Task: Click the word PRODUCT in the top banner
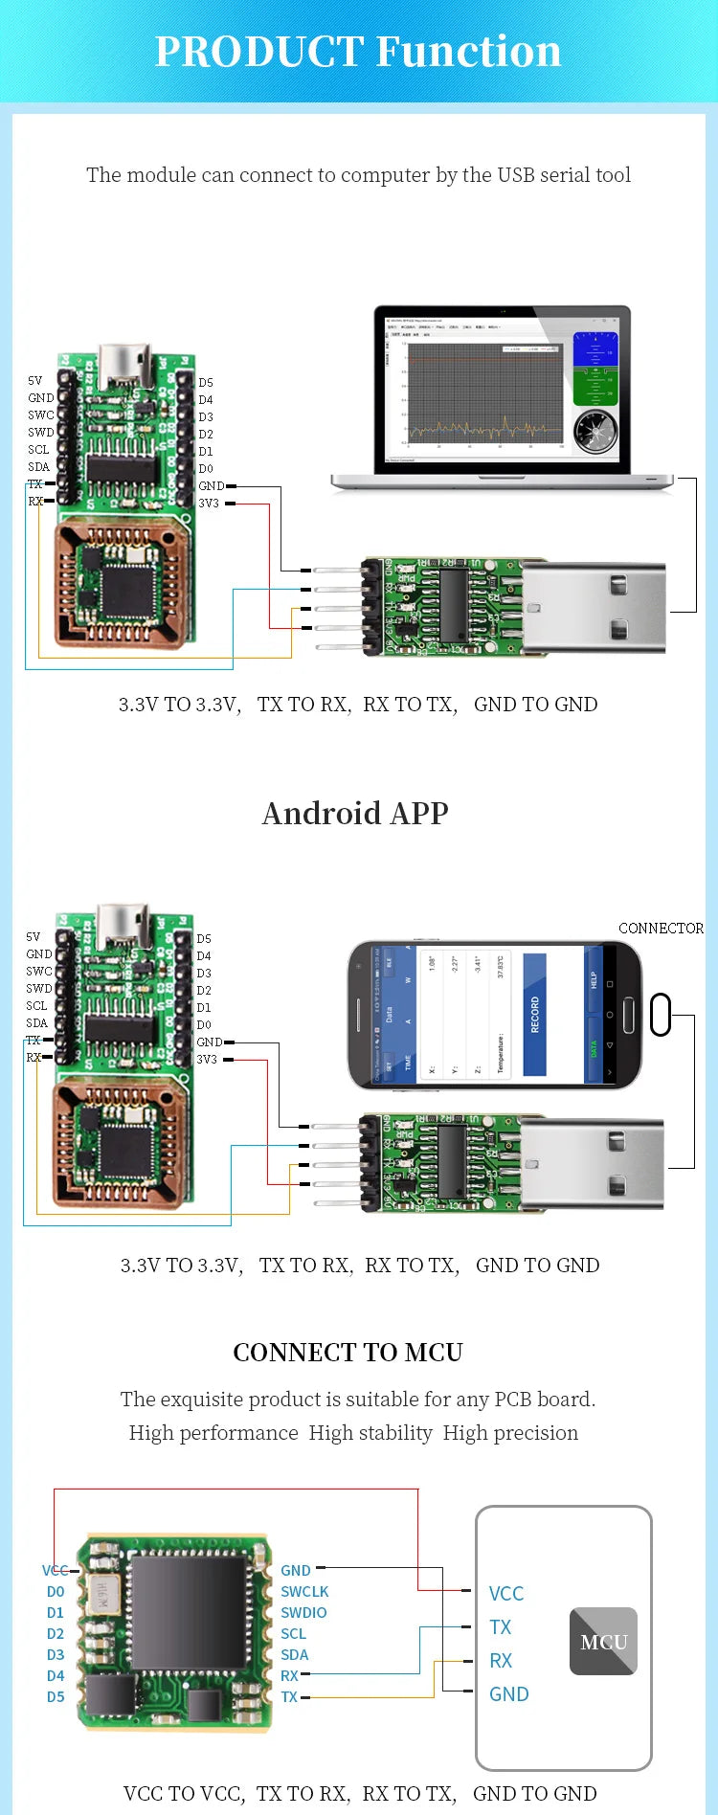pos(257,52)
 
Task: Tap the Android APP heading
pos(355,813)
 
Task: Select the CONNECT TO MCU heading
pos(348,1352)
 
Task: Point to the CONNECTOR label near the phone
pos(661,928)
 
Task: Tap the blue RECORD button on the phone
pos(534,1014)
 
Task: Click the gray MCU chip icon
pos(603,1641)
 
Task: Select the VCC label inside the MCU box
pos(506,1593)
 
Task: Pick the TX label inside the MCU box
pos(500,1626)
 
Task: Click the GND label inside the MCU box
pos(508,1693)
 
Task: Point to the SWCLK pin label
pos(304,1591)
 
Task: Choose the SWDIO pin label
pos(303,1612)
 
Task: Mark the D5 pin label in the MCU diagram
pos(56,1696)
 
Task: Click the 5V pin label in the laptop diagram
pos(34,380)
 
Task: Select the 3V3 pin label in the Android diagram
pos(207,1059)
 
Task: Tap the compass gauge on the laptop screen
pos(595,431)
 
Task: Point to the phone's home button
pos(628,1014)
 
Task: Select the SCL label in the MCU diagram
pos(293,1633)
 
